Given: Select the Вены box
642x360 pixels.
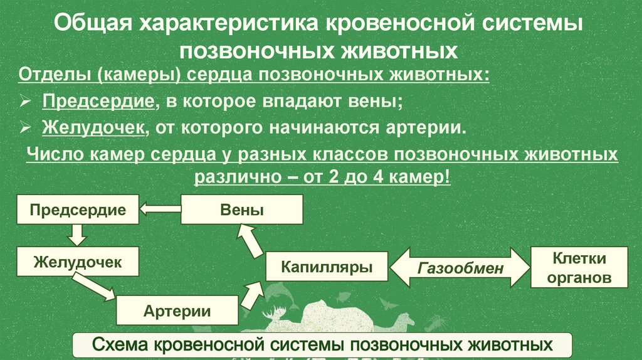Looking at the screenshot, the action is pyautogui.click(x=242, y=209).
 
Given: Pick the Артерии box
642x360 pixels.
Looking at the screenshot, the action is pyautogui.click(x=177, y=310).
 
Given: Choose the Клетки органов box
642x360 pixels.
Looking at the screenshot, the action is pyautogui.click(x=579, y=268).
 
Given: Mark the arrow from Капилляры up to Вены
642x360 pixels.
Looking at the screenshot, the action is pyautogui.click(x=250, y=240).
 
